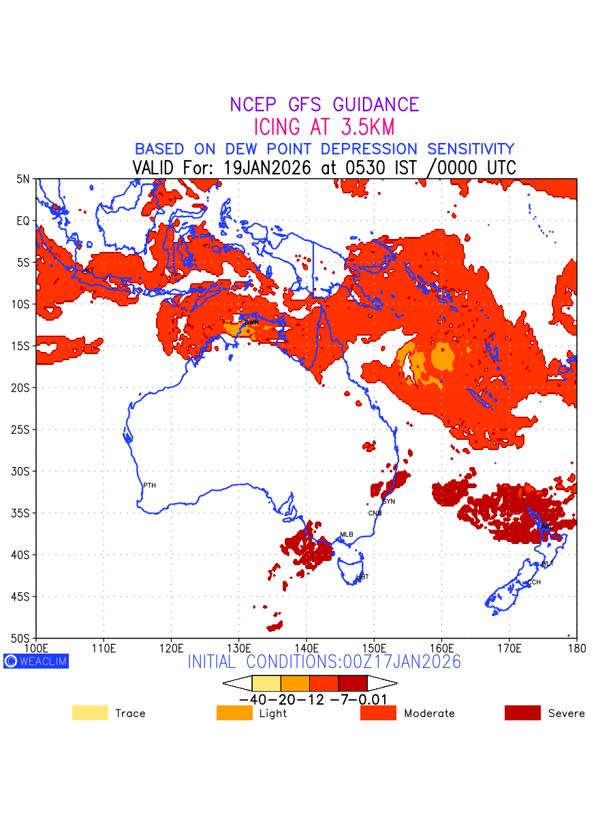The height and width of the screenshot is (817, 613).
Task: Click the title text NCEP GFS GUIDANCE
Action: click(x=324, y=105)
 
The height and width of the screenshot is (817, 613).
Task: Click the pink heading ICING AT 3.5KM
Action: click(x=324, y=127)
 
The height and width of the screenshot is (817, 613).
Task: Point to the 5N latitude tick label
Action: click(x=23, y=179)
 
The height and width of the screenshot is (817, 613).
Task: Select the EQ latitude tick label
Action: click(x=23, y=221)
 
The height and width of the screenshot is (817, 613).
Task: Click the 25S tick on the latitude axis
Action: click(x=22, y=430)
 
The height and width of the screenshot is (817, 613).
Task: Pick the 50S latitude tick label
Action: click(x=22, y=639)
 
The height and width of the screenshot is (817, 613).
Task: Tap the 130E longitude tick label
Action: click(x=238, y=647)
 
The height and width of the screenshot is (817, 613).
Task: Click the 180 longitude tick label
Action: click(x=576, y=647)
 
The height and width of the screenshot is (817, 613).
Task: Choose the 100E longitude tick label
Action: click(x=36, y=647)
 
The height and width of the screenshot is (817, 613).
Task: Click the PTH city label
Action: click(x=149, y=485)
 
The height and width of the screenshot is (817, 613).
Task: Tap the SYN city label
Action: click(x=389, y=502)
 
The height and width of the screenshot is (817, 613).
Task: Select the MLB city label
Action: click(x=347, y=534)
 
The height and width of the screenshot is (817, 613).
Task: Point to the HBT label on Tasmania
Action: click(x=362, y=577)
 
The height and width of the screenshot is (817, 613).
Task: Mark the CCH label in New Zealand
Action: click(x=534, y=583)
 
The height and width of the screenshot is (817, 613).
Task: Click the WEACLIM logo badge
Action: click(x=36, y=661)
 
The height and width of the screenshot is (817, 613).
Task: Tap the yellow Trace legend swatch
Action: click(x=90, y=713)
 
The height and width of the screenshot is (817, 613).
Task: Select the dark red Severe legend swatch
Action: click(x=522, y=713)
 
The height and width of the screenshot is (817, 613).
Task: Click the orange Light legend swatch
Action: click(x=234, y=713)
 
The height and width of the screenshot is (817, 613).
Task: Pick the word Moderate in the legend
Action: click(x=429, y=714)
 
